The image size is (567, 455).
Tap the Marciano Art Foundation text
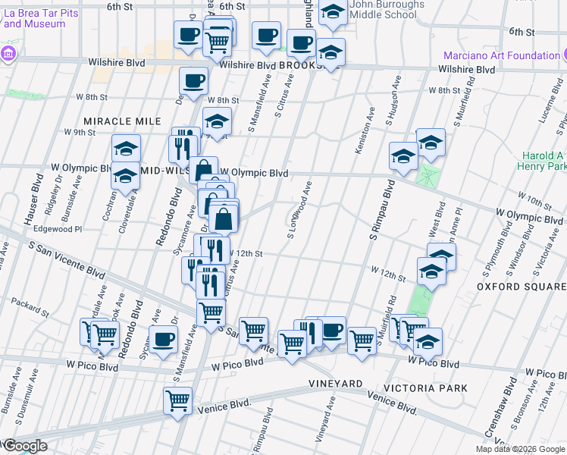click(502, 55)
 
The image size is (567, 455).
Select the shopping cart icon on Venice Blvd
click(178, 399)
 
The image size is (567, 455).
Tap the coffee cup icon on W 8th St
click(194, 80)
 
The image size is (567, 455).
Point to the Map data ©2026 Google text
click(520, 449)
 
